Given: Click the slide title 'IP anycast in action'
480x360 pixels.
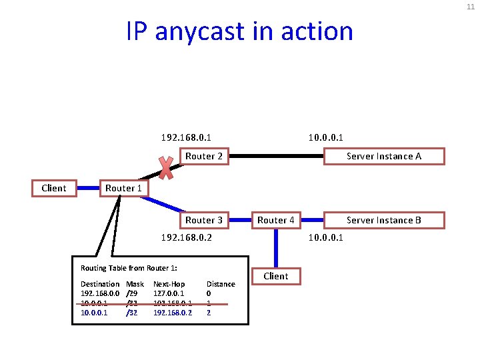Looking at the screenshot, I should (239, 31).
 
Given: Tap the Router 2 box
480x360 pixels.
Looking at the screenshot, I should (203, 156).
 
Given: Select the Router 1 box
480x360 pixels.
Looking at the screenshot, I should (123, 188).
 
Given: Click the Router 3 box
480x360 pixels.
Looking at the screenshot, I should (203, 220).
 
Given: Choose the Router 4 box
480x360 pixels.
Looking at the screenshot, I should (276, 220).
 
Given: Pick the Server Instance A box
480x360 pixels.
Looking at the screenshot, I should (384, 156).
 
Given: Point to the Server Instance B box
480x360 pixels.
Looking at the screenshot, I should (384, 220).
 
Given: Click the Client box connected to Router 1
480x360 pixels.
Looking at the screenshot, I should (54, 188).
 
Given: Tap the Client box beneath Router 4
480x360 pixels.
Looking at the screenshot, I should (276, 276).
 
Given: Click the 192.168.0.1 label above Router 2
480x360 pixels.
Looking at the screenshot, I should (187, 137).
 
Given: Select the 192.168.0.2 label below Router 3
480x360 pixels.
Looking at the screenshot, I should (187, 237).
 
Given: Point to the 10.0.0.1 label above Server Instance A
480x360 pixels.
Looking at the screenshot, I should (325, 137).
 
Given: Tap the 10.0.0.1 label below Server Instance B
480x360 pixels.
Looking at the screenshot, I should (325, 237).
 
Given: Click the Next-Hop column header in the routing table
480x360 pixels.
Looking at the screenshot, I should (169, 284).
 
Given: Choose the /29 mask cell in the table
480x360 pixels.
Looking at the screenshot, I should (132, 293).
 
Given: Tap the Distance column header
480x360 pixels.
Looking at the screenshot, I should (221, 284).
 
